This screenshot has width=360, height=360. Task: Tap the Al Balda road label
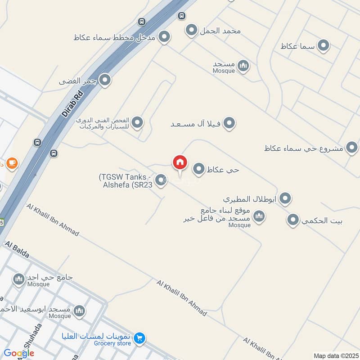[17, 249]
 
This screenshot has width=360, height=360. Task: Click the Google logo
[19, 353]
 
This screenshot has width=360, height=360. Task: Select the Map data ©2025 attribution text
[335, 355]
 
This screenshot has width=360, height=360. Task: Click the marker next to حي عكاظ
[199, 169]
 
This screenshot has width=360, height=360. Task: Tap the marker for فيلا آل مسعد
[229, 123]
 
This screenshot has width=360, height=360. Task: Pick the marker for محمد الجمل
[192, 31]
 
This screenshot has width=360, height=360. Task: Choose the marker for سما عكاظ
[323, 45]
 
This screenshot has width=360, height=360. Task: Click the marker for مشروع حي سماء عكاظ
[351, 148]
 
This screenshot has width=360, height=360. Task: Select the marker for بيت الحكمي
[293, 220]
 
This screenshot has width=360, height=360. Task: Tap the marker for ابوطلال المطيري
[285, 198]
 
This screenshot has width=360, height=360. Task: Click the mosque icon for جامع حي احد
[19, 279]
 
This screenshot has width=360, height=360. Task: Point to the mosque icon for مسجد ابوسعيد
[79, 310]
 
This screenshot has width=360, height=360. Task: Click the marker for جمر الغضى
[105, 81]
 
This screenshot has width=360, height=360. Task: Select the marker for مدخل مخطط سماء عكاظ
[164, 37]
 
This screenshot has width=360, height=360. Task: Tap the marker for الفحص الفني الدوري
[137, 122]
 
